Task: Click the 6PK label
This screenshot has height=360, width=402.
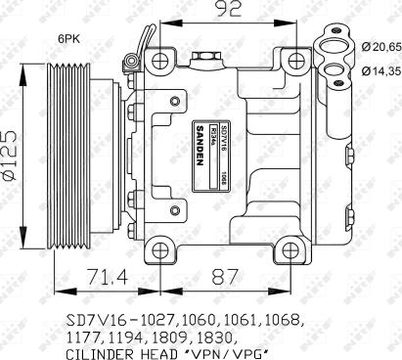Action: tap(68, 40)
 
